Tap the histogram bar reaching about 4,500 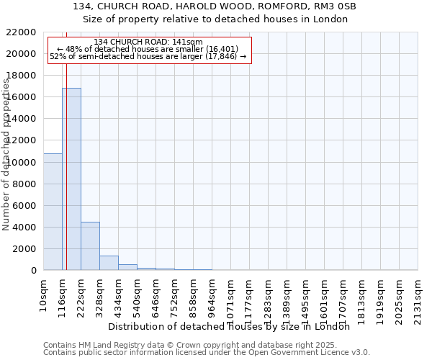[x=90, y=246]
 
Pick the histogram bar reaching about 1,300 [x=109, y=263]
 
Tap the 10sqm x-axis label [x=44, y=294]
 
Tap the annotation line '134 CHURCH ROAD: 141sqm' [x=148, y=42]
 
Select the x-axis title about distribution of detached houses [x=233, y=327]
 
